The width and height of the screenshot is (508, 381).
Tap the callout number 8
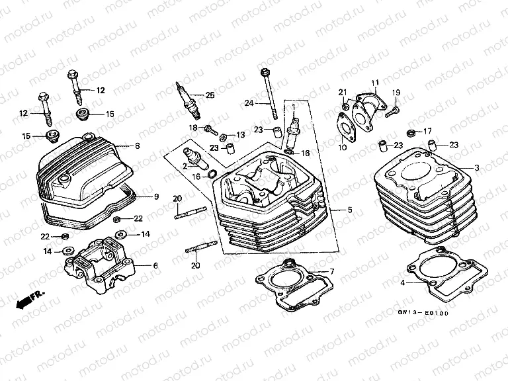tap(138, 146)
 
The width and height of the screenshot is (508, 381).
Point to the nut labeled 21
tap(346, 105)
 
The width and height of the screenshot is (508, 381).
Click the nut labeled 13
tap(224, 137)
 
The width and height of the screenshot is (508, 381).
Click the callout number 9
tap(156, 196)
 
